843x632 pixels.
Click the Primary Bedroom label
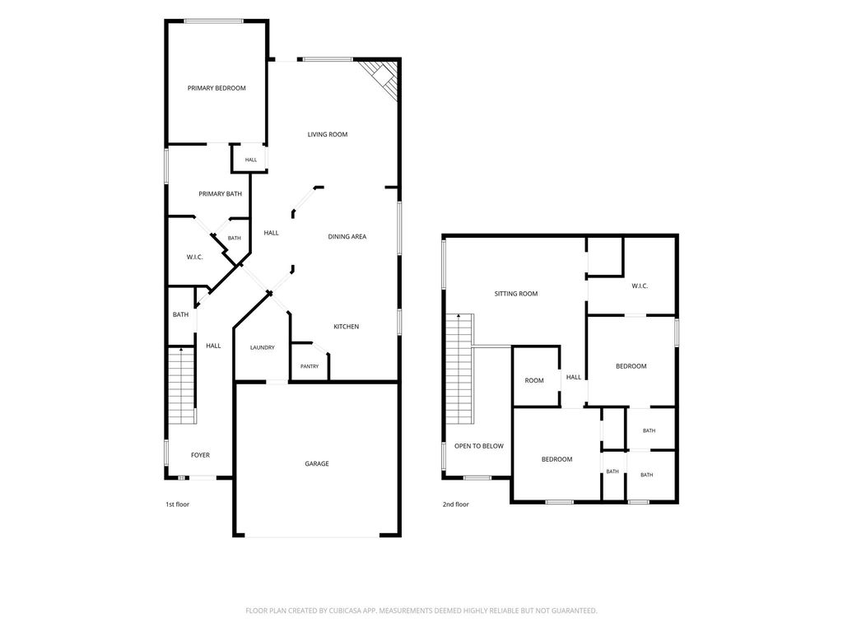[x=217, y=88]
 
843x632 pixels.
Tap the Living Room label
[x=328, y=134]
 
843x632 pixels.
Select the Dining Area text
[x=347, y=236]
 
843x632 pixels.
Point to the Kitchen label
[x=347, y=327]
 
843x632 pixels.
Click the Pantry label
[x=310, y=366]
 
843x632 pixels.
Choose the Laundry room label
[x=263, y=348]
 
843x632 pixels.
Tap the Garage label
[x=317, y=464]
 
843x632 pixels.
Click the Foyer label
[x=201, y=455]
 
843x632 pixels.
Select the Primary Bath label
[x=221, y=194]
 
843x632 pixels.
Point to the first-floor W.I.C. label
[x=194, y=258]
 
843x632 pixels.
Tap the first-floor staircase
[x=181, y=386]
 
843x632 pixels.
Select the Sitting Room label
[x=516, y=294]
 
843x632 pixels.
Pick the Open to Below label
[x=479, y=446]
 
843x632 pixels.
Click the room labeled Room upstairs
[x=533, y=380]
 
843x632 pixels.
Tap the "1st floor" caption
[x=178, y=504]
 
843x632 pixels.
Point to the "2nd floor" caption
[x=456, y=504]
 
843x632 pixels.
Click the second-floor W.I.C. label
[x=640, y=286]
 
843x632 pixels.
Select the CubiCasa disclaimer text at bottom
[x=421, y=611]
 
